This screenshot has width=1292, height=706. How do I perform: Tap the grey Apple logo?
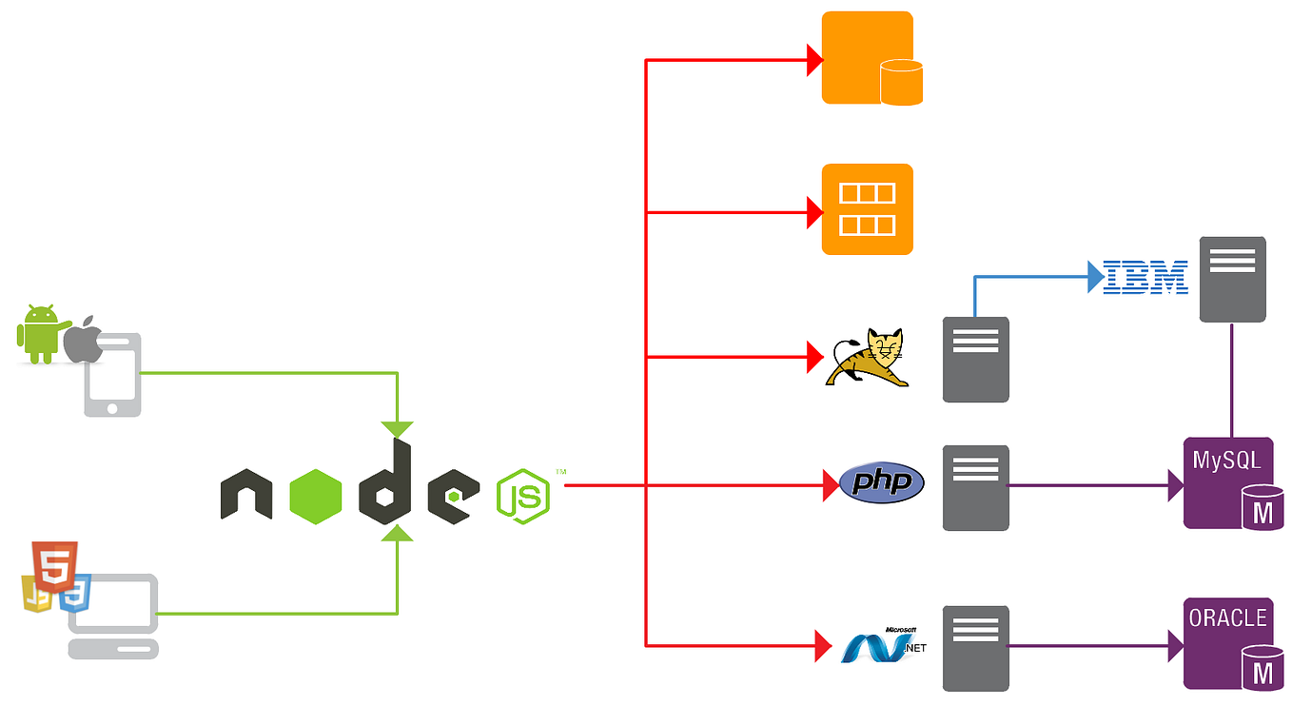point(85,340)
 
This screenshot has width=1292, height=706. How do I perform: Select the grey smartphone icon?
point(113,375)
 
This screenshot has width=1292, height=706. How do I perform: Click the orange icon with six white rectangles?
point(867,209)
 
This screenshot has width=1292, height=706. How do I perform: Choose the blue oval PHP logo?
point(882,483)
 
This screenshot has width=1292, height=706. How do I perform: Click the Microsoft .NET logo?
point(881,645)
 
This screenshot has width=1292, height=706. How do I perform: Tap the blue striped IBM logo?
point(1145,277)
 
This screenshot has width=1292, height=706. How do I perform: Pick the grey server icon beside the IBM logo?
point(1232,279)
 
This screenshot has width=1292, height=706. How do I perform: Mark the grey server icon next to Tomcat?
point(975,360)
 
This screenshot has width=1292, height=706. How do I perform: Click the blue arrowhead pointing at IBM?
point(1095,278)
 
